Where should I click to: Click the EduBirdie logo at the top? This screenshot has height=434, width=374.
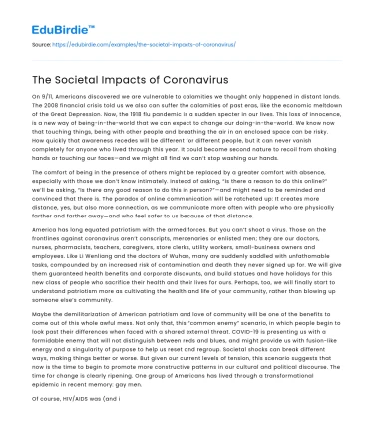click(53, 18)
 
